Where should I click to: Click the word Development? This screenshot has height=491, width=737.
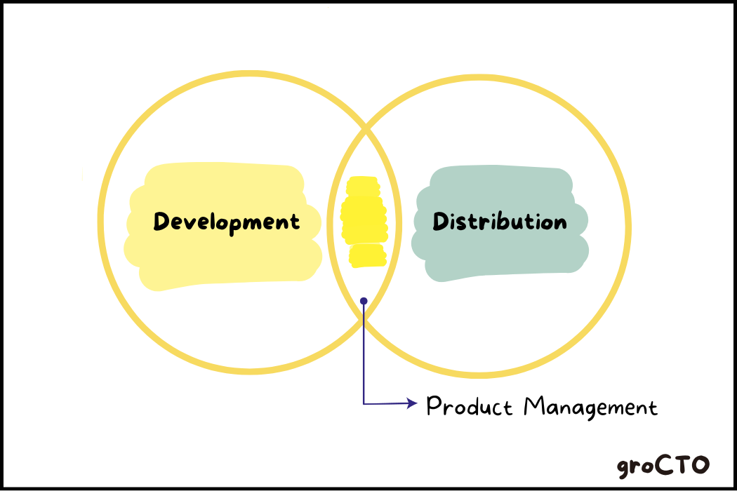pos(227,222)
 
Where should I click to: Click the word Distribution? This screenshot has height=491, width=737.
pos(500,222)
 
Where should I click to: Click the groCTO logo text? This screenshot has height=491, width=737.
pos(663,465)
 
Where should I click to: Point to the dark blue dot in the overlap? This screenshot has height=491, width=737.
pos(364,301)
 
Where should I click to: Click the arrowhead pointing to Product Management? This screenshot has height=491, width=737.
pos(412,403)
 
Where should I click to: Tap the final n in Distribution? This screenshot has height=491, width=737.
pos(560,223)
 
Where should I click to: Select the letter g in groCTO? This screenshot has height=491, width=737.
pos(625,468)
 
